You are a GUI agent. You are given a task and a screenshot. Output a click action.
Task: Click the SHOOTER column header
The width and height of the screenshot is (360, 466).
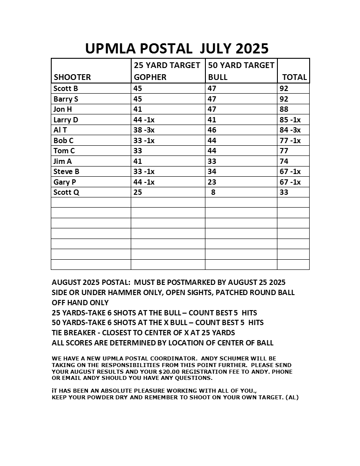(72, 77)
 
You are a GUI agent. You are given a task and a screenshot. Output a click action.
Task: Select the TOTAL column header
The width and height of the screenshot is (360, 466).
(294, 77)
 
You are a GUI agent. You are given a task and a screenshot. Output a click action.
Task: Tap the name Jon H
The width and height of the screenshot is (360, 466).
(62, 109)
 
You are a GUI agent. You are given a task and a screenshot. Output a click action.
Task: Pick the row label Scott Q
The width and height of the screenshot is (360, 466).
(66, 192)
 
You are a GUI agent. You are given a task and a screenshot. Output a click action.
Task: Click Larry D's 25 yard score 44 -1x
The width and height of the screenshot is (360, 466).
(144, 120)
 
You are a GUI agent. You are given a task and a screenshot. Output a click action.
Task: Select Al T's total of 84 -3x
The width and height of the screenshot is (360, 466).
(290, 130)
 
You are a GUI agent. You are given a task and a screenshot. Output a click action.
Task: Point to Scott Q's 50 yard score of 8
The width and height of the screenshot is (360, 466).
(213, 192)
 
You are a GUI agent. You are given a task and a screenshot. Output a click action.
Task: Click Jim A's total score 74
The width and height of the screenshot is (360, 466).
(284, 161)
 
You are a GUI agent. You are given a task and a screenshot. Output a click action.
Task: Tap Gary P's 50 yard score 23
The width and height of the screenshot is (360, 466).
(212, 182)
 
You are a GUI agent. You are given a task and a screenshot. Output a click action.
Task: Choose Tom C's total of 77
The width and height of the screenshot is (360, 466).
(284, 151)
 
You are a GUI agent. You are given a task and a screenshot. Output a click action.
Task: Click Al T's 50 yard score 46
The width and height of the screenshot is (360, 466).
(212, 130)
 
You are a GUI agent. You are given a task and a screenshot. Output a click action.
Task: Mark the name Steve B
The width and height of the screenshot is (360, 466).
(66, 171)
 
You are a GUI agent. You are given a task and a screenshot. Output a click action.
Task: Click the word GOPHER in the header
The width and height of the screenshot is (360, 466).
(150, 77)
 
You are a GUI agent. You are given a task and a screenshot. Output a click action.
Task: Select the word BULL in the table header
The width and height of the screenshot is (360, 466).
(218, 77)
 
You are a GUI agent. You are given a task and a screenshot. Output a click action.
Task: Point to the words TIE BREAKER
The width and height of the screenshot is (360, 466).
(71, 333)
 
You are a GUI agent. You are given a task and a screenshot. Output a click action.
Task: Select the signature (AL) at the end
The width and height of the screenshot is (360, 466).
(292, 397)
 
